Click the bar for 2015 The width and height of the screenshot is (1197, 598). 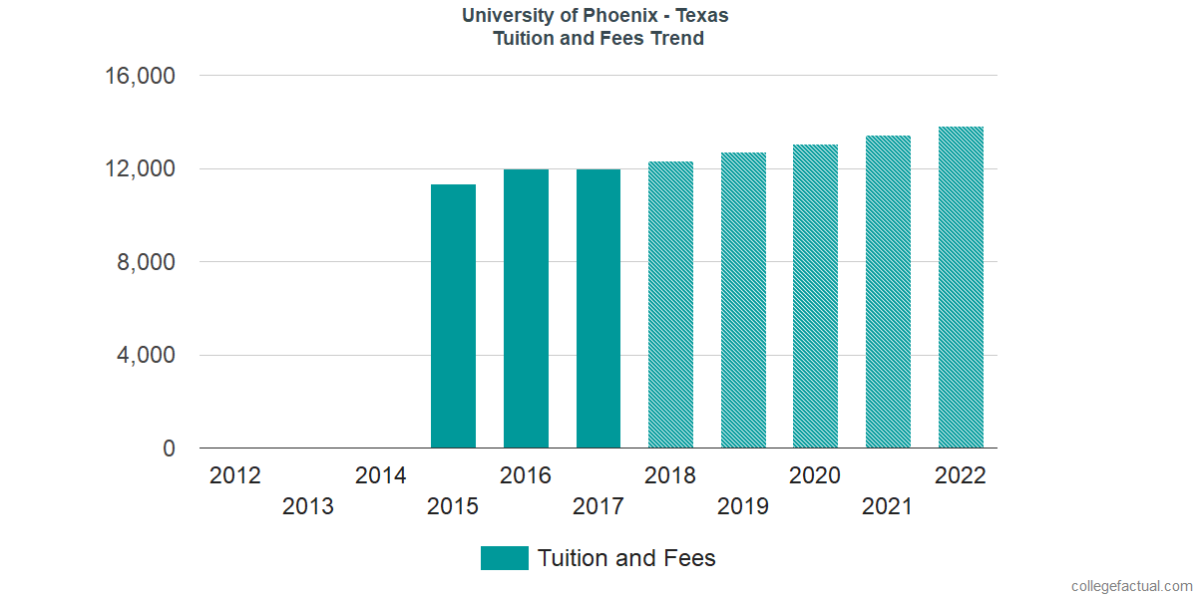[x=453, y=316]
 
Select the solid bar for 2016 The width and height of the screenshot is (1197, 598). [x=526, y=309]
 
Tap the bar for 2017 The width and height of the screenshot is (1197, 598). [x=598, y=309]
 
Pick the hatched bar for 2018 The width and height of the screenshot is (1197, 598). [x=670, y=305]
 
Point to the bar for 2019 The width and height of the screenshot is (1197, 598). [x=743, y=300]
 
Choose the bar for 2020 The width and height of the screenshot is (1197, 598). [x=815, y=296]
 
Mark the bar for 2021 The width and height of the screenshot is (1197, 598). [x=888, y=292]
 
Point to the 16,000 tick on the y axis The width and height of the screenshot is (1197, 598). [x=141, y=76]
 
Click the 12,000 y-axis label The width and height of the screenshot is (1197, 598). [x=141, y=169]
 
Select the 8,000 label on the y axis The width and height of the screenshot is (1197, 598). [x=148, y=262]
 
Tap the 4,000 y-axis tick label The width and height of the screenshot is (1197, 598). [x=148, y=356]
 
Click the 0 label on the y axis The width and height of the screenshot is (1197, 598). [x=170, y=449]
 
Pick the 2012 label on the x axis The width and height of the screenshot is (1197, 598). [x=235, y=475]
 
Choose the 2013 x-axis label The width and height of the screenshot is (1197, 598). [x=308, y=507]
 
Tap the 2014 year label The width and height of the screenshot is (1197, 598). [x=381, y=475]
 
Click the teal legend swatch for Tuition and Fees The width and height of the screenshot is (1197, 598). [x=504, y=558]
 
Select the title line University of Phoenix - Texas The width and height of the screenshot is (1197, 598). [x=596, y=16]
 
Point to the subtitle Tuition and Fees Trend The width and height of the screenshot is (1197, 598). [x=598, y=39]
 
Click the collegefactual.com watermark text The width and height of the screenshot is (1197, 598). [x=1130, y=586]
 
